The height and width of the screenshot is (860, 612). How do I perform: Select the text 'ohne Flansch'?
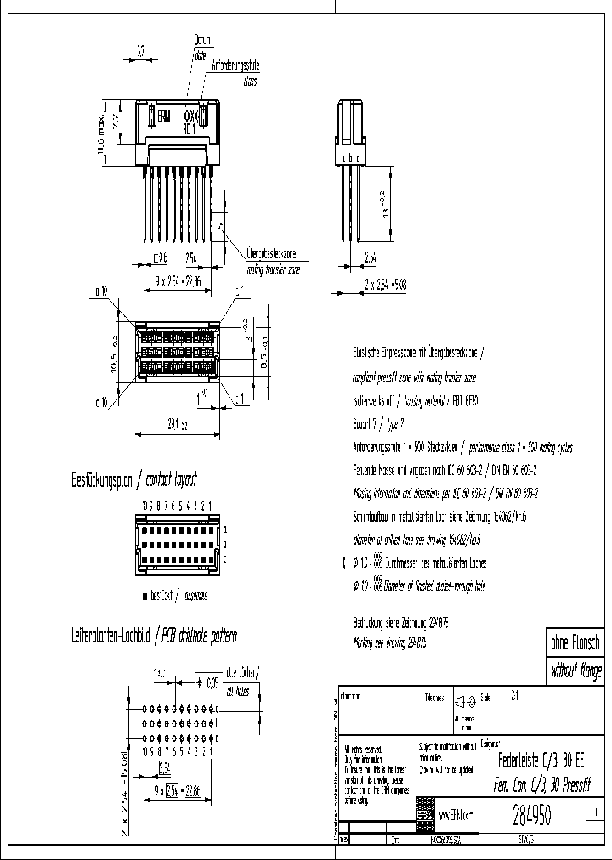click(x=575, y=644)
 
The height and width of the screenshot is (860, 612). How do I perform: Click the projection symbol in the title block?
click(x=462, y=701)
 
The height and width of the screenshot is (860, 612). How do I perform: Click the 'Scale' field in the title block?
click(x=488, y=695)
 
